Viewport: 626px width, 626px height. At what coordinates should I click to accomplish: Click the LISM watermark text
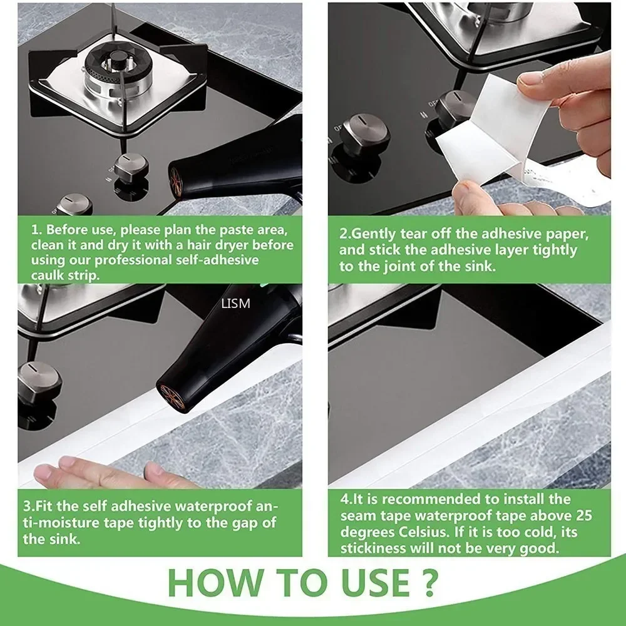(x=235, y=304)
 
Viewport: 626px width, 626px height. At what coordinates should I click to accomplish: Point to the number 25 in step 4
(x=580, y=516)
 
